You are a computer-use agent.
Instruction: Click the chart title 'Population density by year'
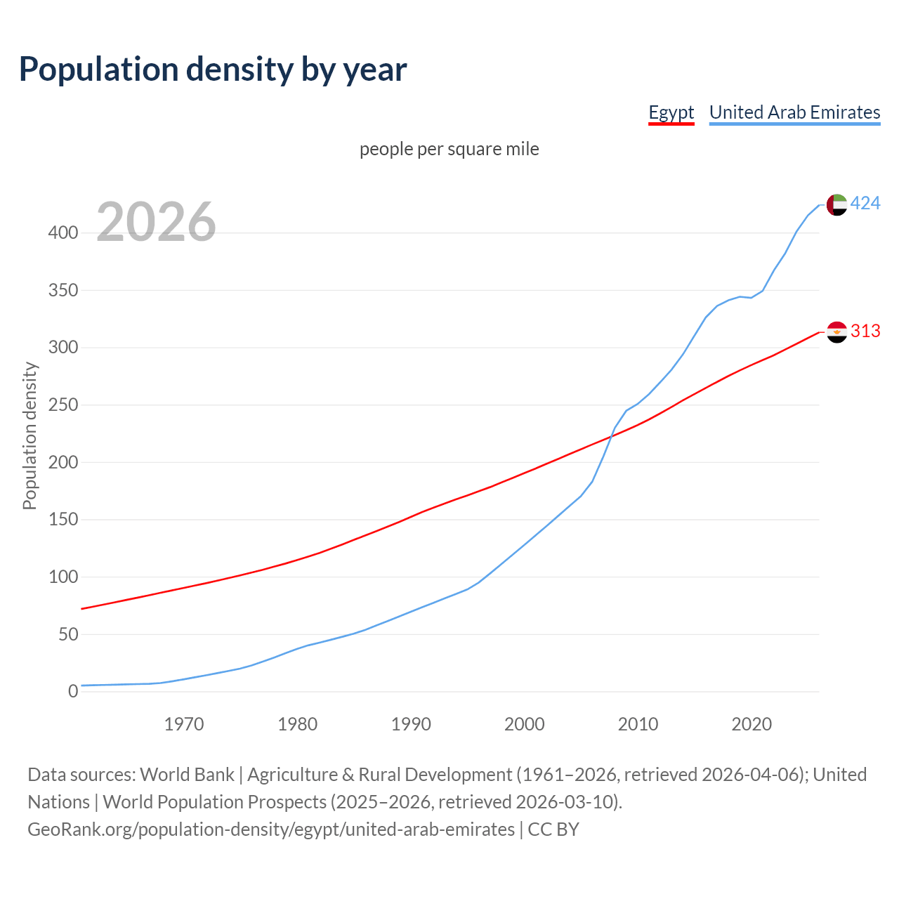(x=213, y=70)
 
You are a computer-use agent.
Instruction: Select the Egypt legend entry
(x=671, y=112)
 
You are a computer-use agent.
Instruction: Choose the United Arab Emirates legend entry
(x=794, y=112)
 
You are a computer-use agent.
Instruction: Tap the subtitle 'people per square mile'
(x=449, y=149)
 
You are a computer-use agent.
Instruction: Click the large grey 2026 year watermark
(x=156, y=222)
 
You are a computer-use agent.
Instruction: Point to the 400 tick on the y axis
(x=63, y=232)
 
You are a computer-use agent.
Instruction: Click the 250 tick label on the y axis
(x=63, y=405)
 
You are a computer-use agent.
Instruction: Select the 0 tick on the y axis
(x=73, y=692)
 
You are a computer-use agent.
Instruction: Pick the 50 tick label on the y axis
(x=68, y=634)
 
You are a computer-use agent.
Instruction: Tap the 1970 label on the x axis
(x=184, y=724)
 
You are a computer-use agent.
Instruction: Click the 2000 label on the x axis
(x=525, y=724)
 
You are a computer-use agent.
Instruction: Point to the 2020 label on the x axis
(x=752, y=724)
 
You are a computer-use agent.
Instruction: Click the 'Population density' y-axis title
(x=29, y=435)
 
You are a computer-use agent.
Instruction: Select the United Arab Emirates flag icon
(x=836, y=204)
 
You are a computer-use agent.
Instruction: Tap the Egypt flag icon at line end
(x=836, y=332)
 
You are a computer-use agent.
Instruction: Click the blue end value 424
(x=865, y=204)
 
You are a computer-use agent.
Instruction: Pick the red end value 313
(x=865, y=331)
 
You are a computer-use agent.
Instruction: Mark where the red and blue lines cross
(x=611, y=436)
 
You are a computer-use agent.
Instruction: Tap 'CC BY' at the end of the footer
(x=553, y=829)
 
